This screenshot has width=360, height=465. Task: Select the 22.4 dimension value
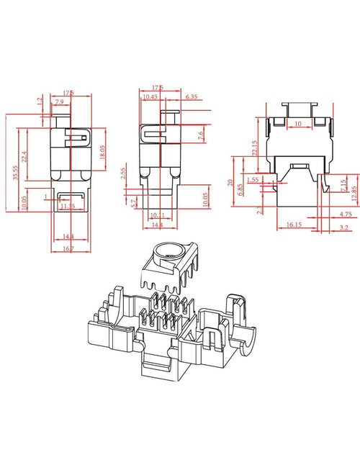pos(24,156)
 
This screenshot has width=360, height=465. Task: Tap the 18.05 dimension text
pos(102,152)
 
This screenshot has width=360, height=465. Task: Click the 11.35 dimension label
pos(68,206)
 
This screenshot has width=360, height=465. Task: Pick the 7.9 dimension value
pos(58,102)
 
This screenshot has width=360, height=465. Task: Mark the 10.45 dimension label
pos(150,96)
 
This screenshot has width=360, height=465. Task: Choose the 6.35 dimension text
pos(192,96)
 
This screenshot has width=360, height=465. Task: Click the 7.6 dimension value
pos(201,132)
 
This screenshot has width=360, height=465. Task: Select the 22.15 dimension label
pos(254,147)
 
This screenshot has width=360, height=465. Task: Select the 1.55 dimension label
pos(252,179)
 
